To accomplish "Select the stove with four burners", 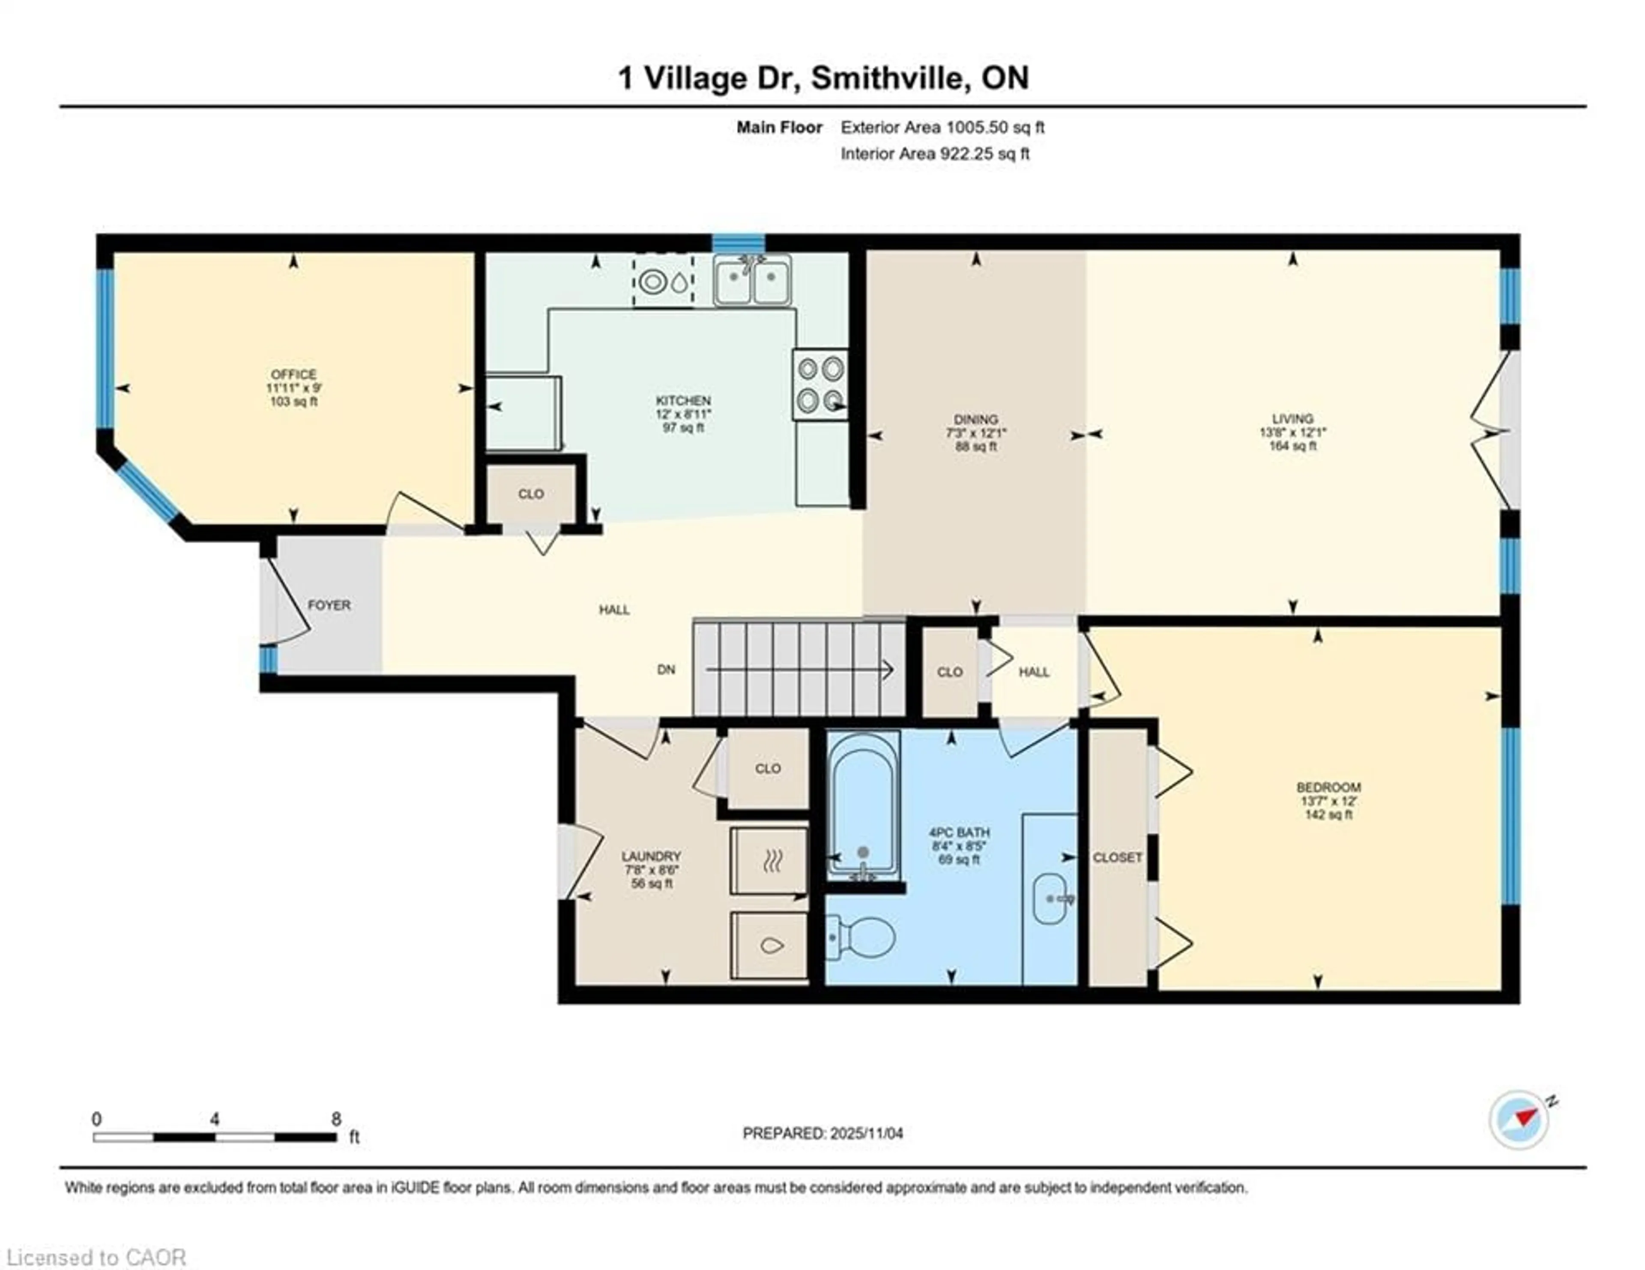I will [820, 385].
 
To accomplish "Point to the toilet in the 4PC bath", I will [862, 938].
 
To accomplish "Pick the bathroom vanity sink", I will [1050, 898].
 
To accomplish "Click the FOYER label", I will [329, 605].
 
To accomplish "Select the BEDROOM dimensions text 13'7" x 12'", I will [1329, 802].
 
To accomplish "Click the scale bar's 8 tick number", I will [336, 1119].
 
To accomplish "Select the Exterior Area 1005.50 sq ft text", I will [942, 127].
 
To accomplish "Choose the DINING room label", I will [976, 419].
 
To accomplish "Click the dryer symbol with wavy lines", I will [769, 861].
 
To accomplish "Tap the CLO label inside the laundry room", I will [768, 768].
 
